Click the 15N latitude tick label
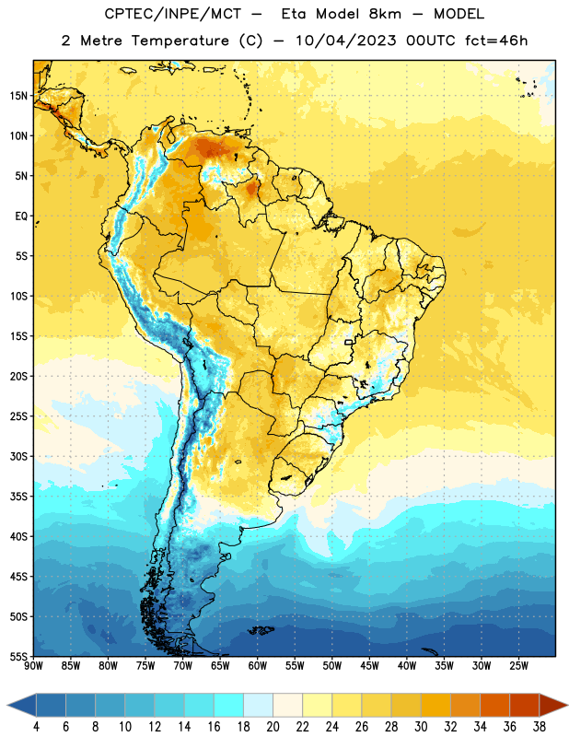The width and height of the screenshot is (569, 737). (18, 96)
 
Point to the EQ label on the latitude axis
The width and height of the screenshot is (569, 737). (21, 216)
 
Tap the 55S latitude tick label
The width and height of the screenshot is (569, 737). (18, 656)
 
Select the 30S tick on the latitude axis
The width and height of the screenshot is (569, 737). (18, 456)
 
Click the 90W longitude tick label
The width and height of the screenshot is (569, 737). (33, 666)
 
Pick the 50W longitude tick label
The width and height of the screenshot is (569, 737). (331, 666)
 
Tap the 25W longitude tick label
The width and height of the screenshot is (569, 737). (518, 666)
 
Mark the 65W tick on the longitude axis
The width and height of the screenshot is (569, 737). (220, 666)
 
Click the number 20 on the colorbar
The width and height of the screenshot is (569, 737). (273, 727)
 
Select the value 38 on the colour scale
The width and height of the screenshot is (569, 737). (540, 727)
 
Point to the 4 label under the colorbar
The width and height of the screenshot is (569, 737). (36, 727)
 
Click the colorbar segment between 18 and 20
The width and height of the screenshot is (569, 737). (258, 705)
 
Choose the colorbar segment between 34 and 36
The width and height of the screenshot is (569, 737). (494, 705)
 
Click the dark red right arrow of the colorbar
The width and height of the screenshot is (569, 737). (553, 705)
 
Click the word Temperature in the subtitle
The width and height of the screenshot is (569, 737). (180, 41)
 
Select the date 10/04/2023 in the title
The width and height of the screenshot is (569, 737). (345, 41)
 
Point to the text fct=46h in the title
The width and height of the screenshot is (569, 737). (496, 41)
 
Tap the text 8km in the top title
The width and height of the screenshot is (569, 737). (385, 14)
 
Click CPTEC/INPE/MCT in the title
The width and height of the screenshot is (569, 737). (172, 14)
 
